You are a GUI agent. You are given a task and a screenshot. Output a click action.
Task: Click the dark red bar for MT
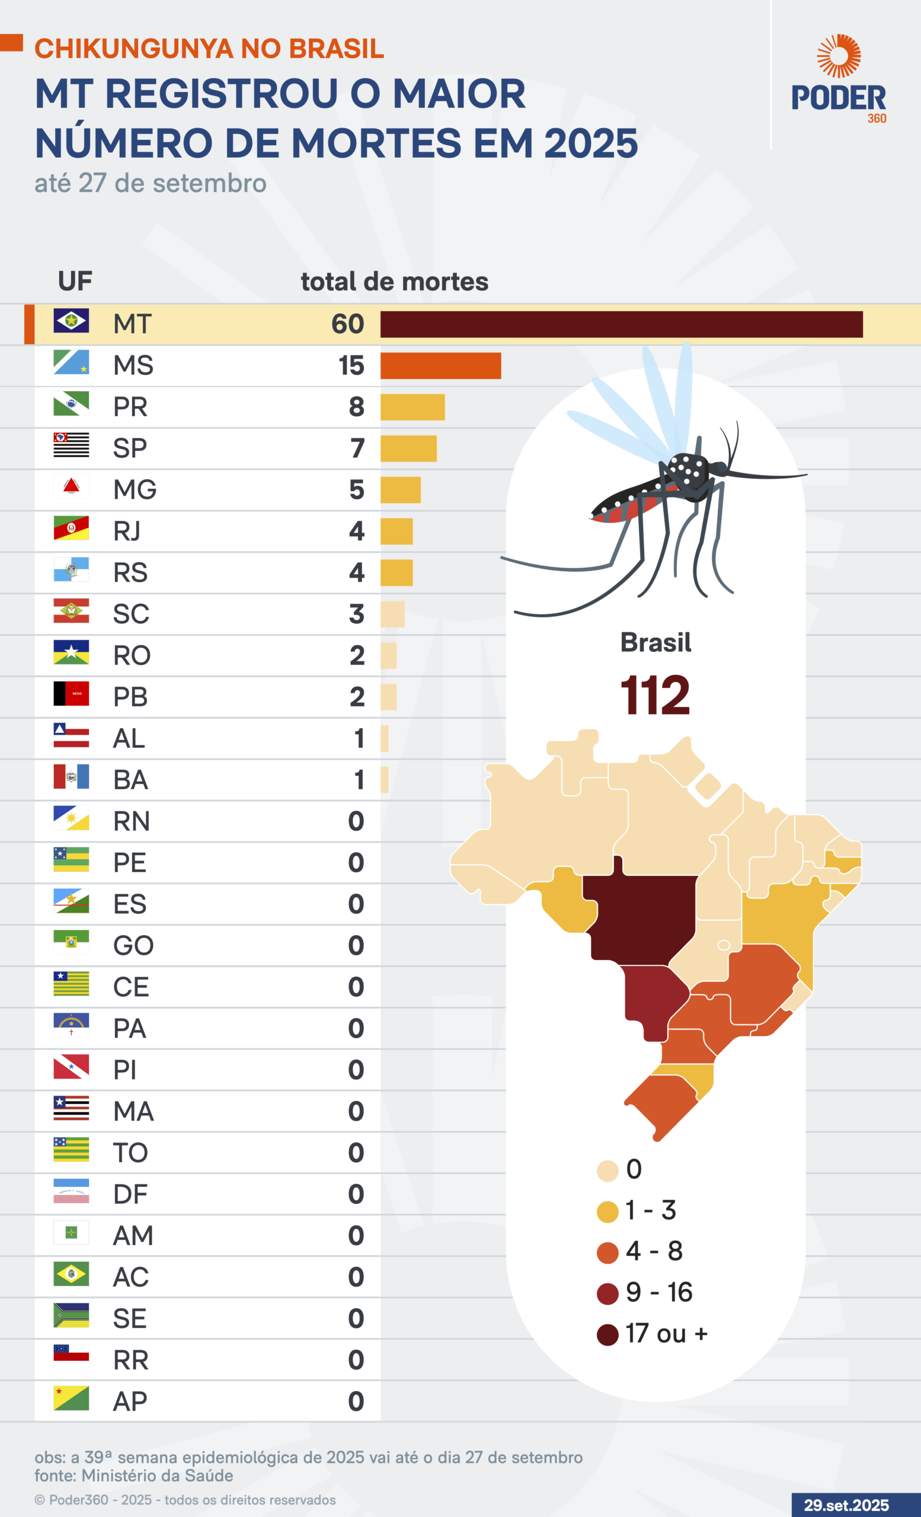(x=621, y=325)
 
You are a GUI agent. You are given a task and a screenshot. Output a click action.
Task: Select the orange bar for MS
(x=440, y=366)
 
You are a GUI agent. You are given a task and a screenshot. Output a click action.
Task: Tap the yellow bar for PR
(x=412, y=407)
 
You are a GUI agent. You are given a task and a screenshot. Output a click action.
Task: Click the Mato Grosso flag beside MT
(x=71, y=321)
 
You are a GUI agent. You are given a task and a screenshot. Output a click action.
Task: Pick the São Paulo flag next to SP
(x=71, y=445)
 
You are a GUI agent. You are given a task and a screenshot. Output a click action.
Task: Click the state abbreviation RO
(x=132, y=655)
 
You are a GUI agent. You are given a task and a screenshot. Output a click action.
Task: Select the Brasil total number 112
(x=655, y=696)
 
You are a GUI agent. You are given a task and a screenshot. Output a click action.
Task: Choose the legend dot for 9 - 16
(x=607, y=1294)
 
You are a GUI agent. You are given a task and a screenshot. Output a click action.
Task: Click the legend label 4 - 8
(x=654, y=1251)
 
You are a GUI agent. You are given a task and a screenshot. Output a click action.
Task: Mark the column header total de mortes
(x=394, y=282)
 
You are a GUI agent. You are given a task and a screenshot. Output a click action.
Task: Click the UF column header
(x=75, y=281)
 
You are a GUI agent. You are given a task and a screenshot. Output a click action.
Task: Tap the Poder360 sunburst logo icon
(x=839, y=56)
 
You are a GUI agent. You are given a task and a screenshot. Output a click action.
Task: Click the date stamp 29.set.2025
(x=846, y=1505)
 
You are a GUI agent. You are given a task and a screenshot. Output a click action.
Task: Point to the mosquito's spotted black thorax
(x=688, y=471)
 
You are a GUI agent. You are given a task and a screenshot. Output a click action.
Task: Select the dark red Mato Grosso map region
(x=640, y=914)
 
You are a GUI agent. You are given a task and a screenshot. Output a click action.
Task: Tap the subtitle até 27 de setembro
(x=150, y=184)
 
